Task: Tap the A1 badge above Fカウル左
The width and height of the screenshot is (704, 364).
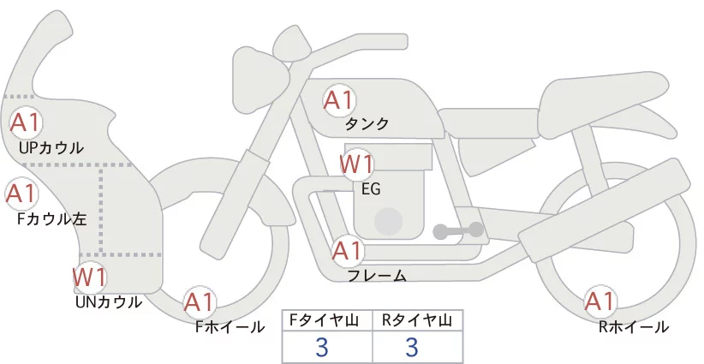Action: click(x=21, y=194)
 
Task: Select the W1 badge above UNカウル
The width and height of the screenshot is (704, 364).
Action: click(x=89, y=277)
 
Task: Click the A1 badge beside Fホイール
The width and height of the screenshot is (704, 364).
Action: click(x=200, y=302)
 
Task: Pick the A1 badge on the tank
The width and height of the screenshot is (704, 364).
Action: click(x=338, y=100)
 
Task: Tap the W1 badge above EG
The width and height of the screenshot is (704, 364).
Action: click(x=357, y=164)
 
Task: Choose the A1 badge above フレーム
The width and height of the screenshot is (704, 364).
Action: click(x=347, y=251)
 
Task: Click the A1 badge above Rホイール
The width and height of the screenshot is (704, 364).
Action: click(x=599, y=301)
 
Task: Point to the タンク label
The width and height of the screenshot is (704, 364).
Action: click(x=367, y=124)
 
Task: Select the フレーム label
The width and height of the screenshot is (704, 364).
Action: click(x=377, y=276)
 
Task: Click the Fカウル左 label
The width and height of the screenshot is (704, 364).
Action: click(x=52, y=218)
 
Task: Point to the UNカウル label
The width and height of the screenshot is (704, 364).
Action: click(x=109, y=301)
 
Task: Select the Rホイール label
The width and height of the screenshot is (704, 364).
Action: click(x=634, y=326)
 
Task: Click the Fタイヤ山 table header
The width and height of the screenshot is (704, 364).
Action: click(x=328, y=320)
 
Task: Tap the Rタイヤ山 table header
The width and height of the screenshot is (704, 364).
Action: click(x=417, y=320)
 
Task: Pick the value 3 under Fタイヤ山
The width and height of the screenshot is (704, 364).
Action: click(x=322, y=347)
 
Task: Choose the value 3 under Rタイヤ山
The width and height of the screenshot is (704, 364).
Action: click(x=411, y=347)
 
